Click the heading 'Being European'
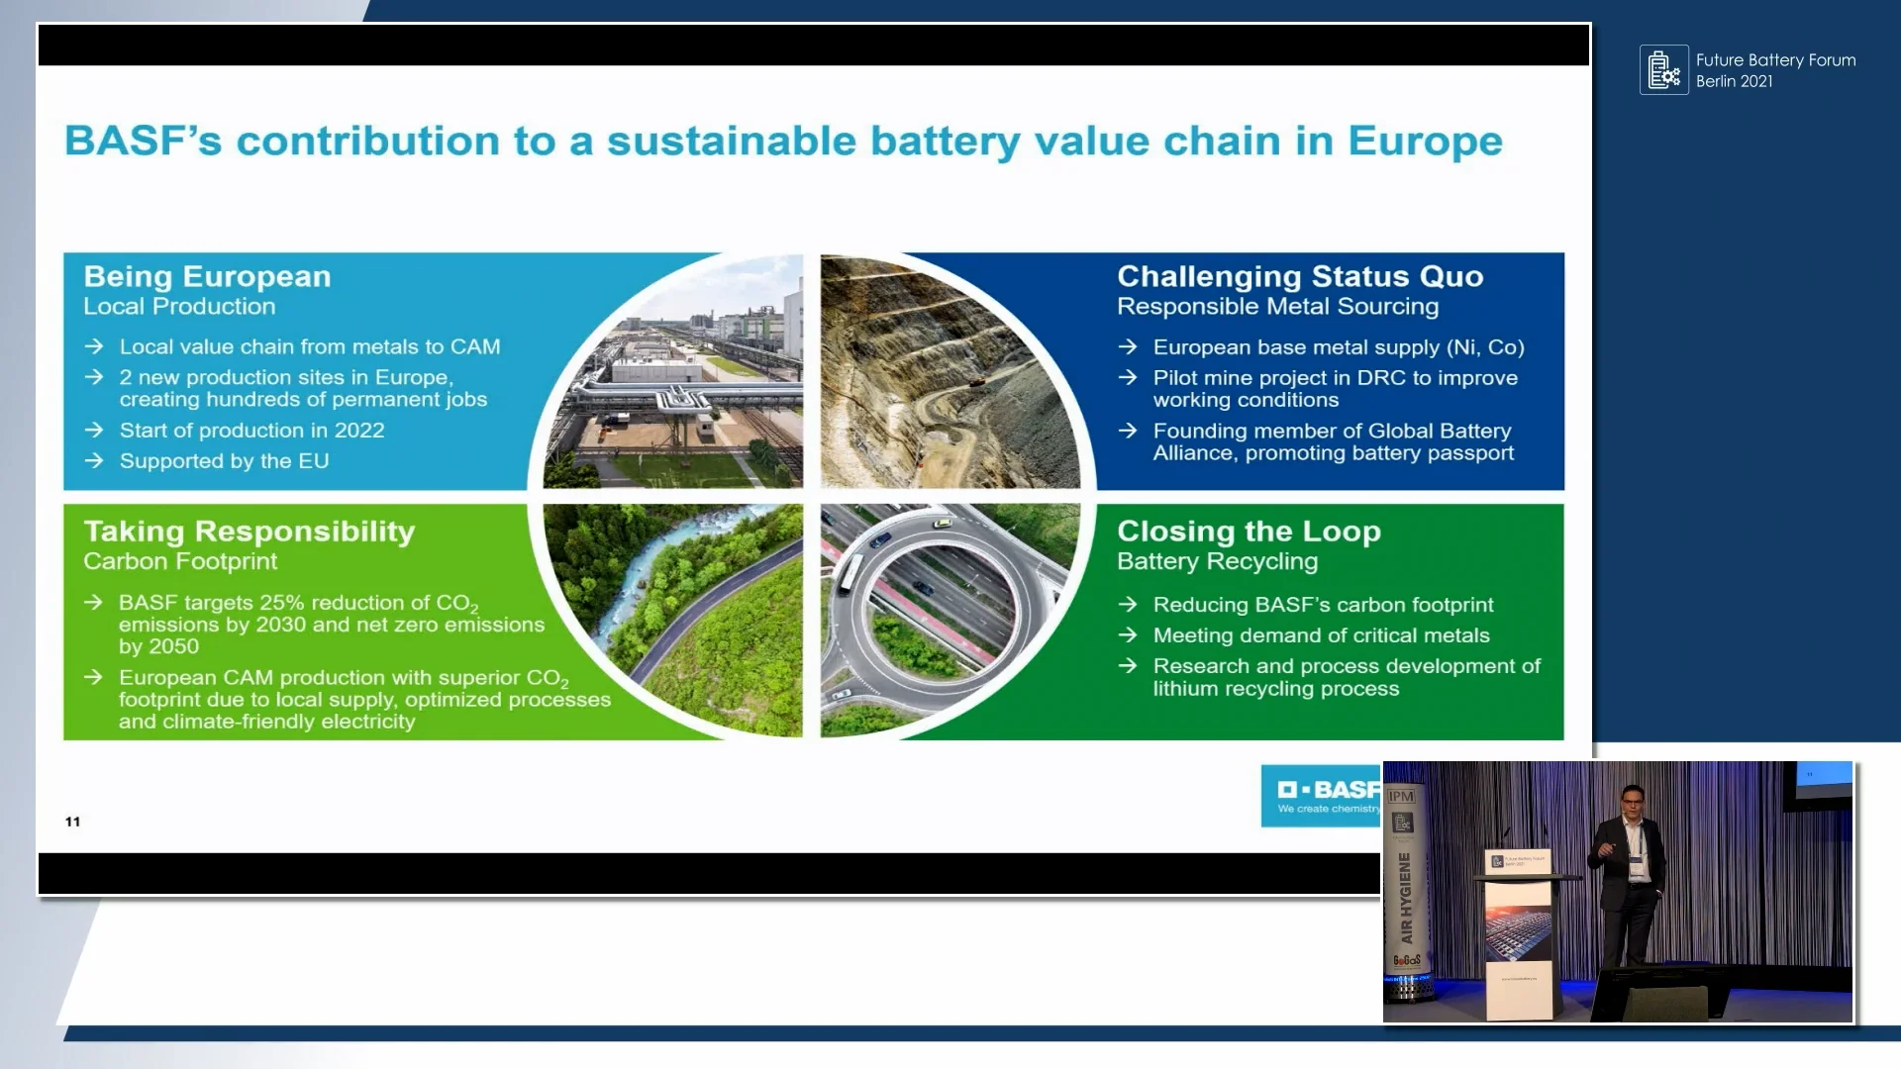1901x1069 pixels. (207, 277)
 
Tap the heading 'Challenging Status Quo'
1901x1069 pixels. (1299, 277)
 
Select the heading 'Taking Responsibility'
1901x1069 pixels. (249, 532)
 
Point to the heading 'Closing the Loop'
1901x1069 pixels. (1248, 532)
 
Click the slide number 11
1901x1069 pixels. (72, 822)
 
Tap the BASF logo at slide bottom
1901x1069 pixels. (1321, 795)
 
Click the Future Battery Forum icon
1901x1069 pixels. (1663, 70)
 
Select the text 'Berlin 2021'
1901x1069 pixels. (1734, 82)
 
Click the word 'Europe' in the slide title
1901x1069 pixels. (1425, 142)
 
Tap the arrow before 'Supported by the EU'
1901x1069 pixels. (94, 461)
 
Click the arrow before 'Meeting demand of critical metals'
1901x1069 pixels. (1127, 635)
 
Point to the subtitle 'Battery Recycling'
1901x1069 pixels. (1217, 562)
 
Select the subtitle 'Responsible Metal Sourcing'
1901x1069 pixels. (1277, 307)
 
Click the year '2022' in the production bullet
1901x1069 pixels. (359, 431)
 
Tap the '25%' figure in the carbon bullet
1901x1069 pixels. (281, 603)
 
